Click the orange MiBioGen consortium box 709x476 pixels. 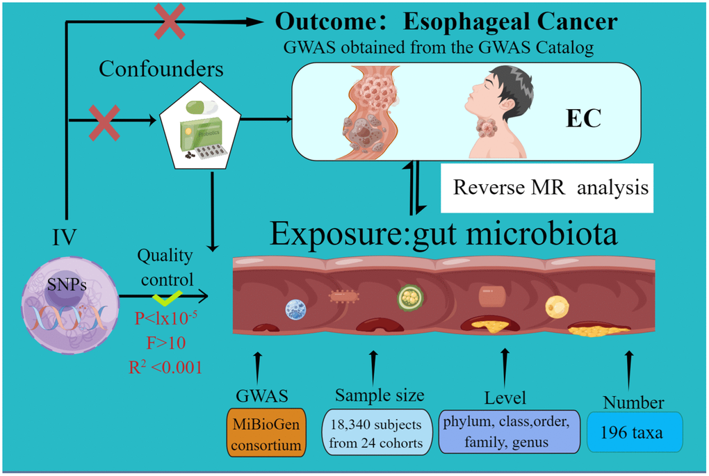pyautogui.click(x=266, y=433)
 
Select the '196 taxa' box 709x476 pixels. pyautogui.click(x=635, y=433)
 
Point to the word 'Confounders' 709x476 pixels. pyautogui.click(x=161, y=69)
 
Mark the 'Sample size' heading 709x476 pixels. pyautogui.click(x=380, y=395)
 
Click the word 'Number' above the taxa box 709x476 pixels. pyautogui.click(x=633, y=402)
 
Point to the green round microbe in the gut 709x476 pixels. pyautogui.click(x=411, y=297)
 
